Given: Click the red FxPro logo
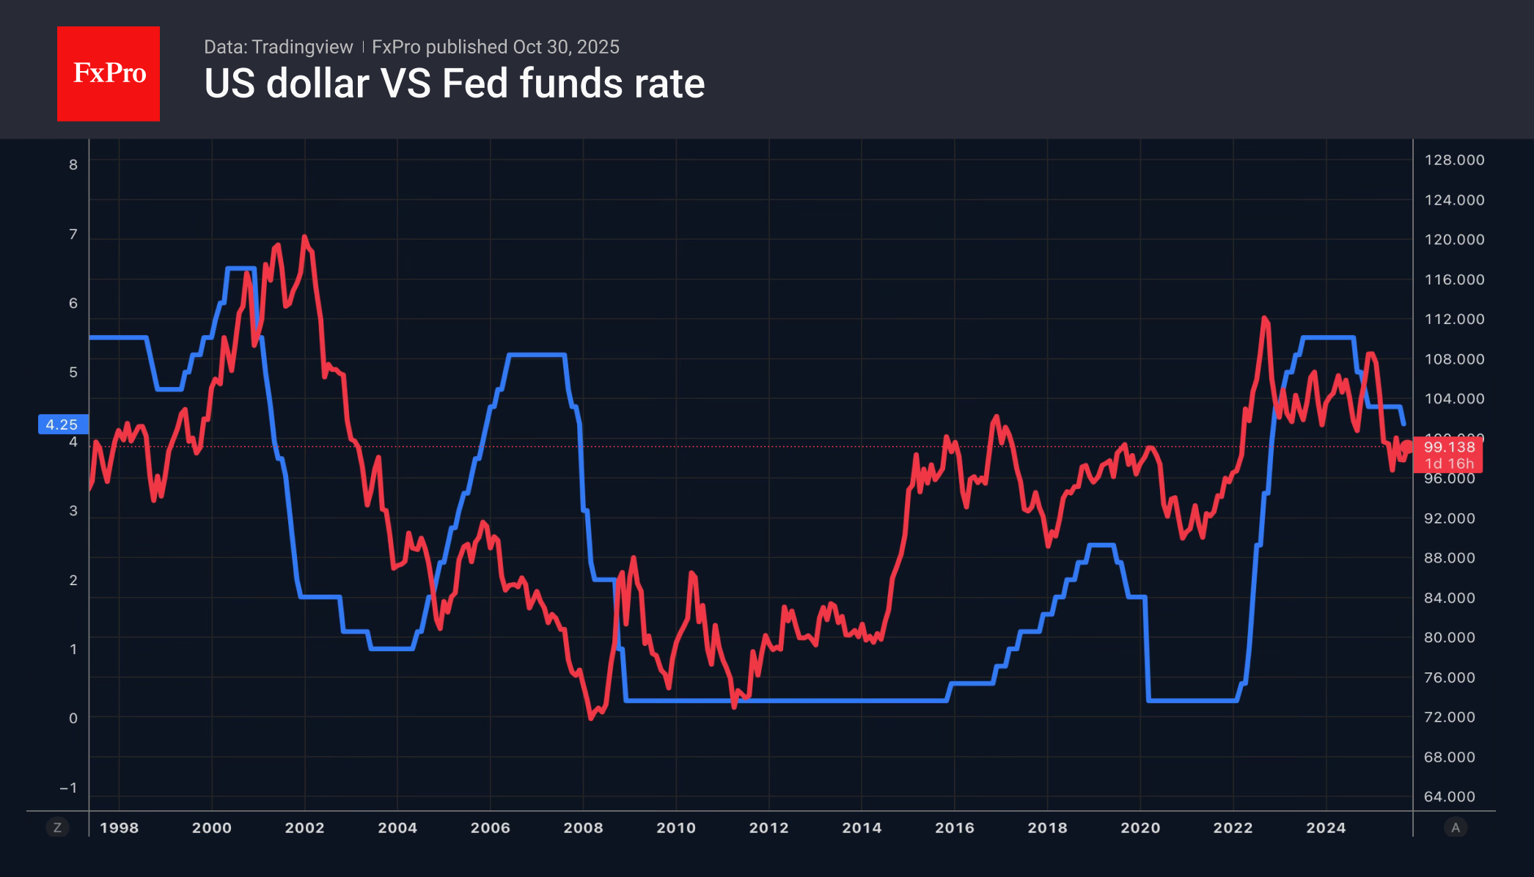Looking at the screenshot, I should pos(109,73).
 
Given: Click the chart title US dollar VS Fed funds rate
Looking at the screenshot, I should pos(454,84).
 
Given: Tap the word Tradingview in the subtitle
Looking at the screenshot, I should pos(302,47).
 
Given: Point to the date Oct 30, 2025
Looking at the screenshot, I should pos(566,47).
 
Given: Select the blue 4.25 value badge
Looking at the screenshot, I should pos(63,425).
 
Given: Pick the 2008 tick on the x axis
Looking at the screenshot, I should pos(583,828).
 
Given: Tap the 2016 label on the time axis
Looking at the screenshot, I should pos(954,828).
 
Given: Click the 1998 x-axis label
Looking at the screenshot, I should pos(119,828).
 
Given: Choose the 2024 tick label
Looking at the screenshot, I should pos(1326,828).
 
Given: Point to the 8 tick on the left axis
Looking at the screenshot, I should pos(73,165).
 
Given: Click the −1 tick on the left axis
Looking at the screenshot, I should pos(69,788).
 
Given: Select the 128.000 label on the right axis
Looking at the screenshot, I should pos(1454,160).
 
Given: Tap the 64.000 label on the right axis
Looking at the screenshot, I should pos(1449,796).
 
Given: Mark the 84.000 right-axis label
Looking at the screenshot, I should pos(1449,598).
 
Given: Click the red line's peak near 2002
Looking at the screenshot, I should pos(304,238).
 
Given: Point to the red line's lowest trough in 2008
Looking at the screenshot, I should pos(591,718).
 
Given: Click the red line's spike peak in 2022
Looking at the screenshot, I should pos(1264,318).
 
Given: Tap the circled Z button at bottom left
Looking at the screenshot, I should pos(57,828).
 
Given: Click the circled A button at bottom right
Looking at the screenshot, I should pos(1456,828).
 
